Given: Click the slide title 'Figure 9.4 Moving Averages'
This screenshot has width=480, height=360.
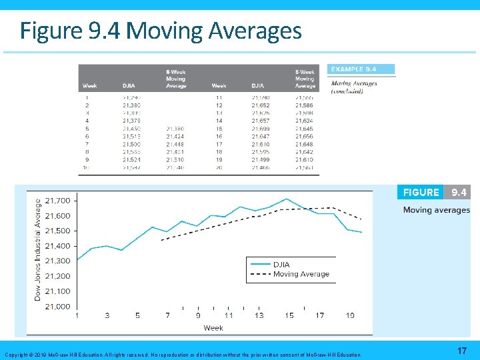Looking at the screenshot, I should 160,31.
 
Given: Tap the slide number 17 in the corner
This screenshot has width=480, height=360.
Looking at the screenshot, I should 462,350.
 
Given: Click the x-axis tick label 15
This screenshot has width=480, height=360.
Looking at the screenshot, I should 289,315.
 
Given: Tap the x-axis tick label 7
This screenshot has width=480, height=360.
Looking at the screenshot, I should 167,315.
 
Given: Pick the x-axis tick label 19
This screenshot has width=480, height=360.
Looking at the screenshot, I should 350,315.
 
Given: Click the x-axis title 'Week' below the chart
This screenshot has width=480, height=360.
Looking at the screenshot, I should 213,327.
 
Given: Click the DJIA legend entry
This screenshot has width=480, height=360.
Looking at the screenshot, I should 281,265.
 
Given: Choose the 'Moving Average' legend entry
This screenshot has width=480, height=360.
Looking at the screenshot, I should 301,274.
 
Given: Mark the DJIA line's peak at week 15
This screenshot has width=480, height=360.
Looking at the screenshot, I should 287,199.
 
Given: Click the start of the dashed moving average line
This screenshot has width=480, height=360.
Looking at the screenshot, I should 162,239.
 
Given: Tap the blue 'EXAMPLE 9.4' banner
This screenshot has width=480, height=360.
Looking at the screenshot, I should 361,69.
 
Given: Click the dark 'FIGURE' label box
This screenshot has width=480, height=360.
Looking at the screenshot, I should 421,193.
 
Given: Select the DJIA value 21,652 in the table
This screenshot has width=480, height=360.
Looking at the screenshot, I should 261,105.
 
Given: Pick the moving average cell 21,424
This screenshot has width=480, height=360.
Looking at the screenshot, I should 175,135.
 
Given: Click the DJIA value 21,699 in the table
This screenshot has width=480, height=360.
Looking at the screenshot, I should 261,128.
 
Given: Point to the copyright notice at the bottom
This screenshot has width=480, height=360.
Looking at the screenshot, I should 183,355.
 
